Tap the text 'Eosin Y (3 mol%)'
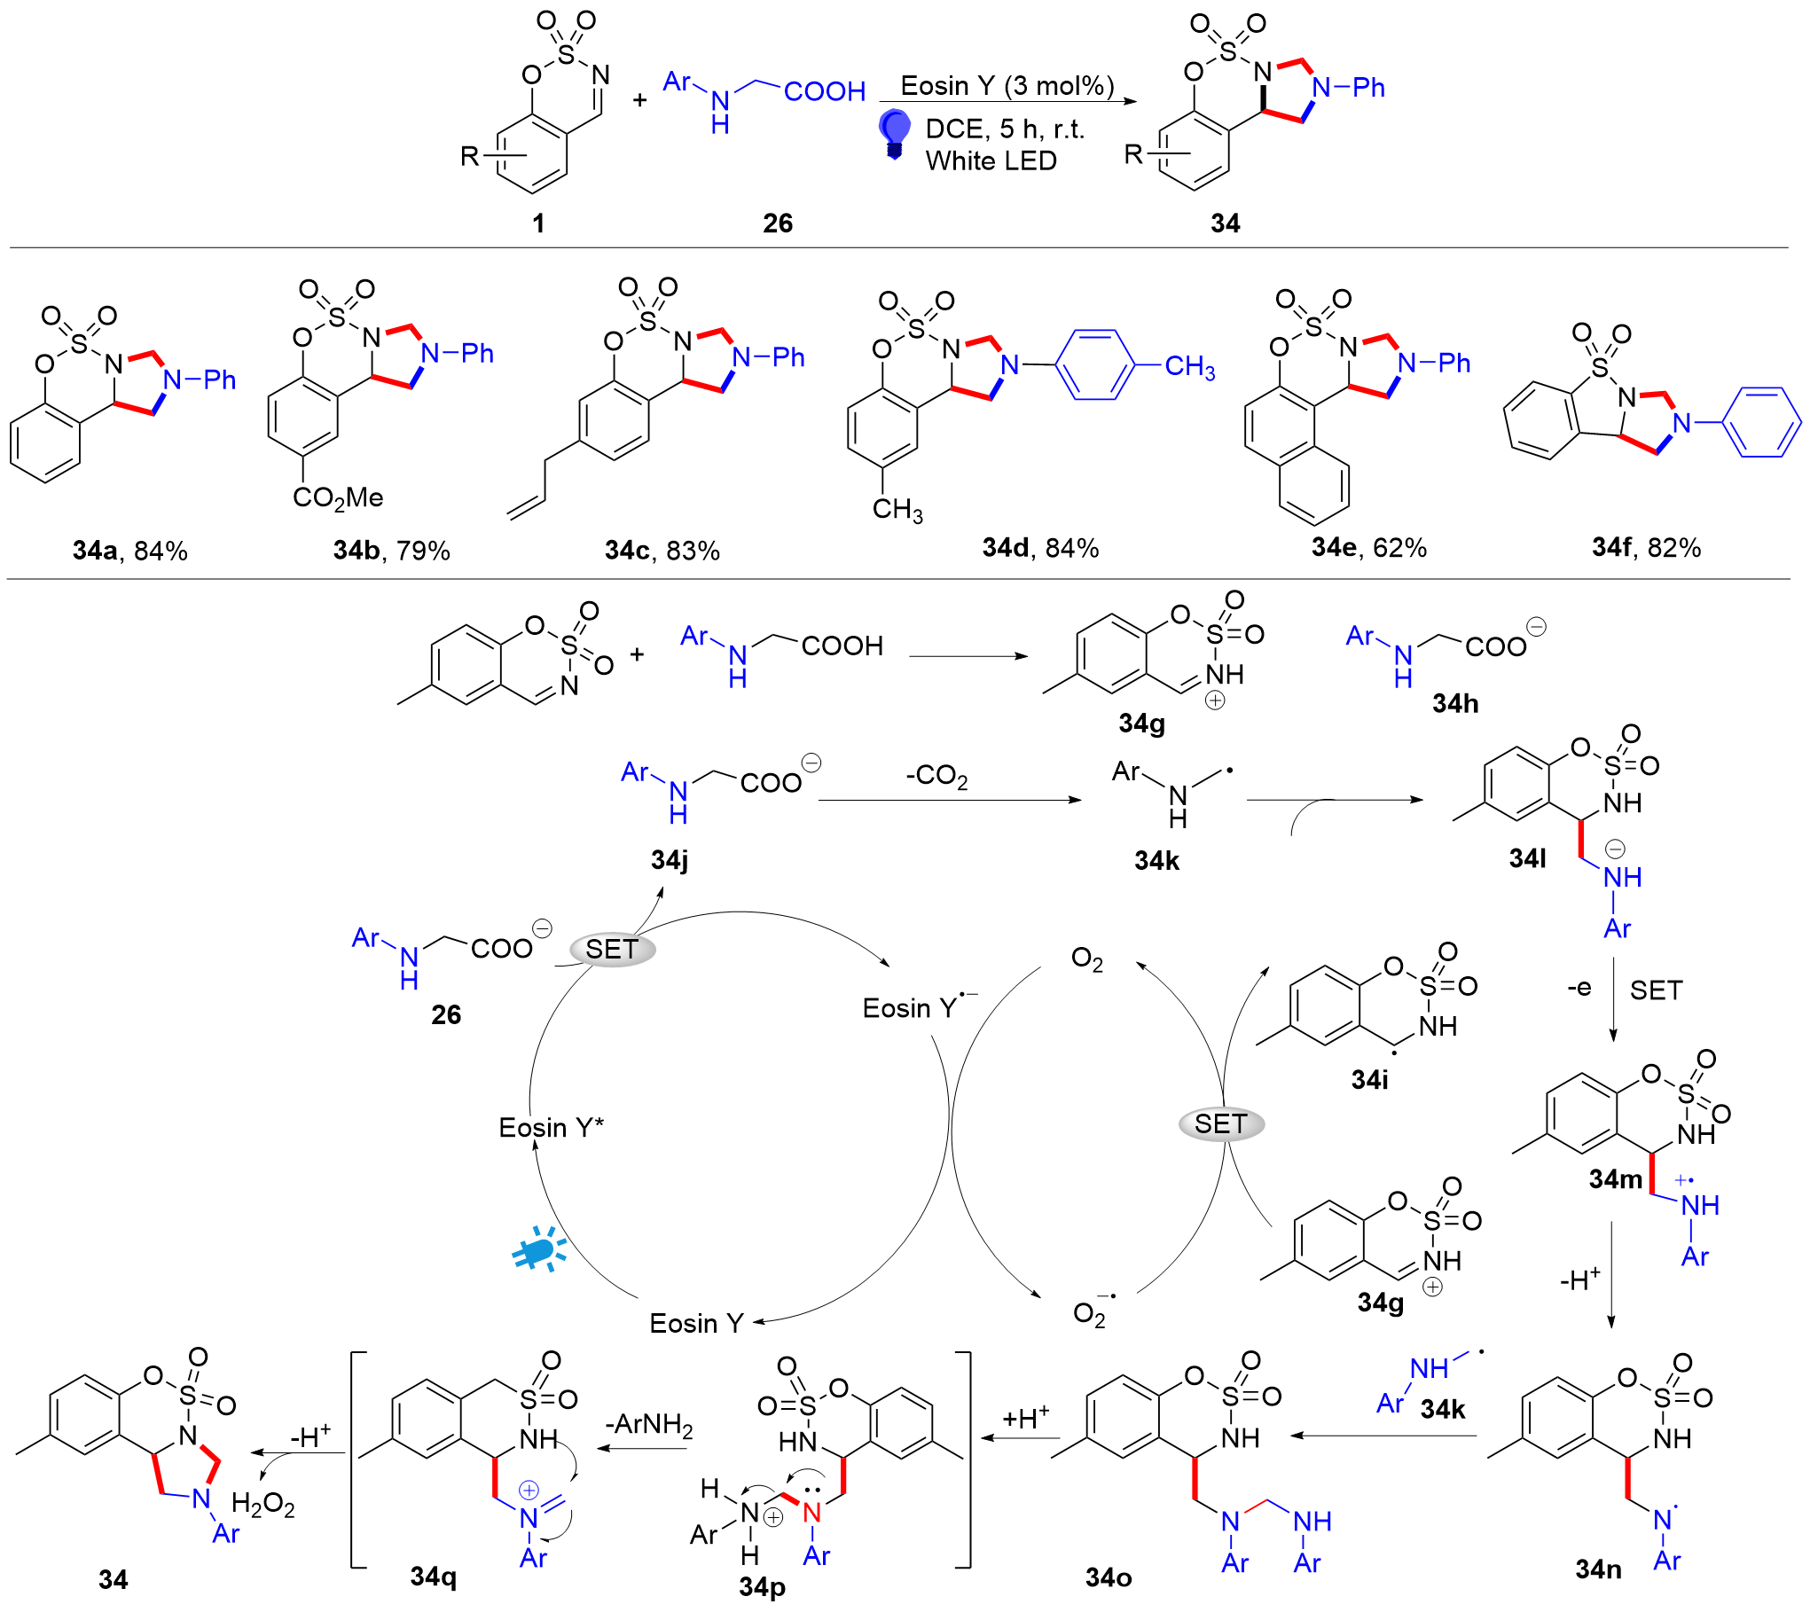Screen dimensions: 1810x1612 pos(1007,85)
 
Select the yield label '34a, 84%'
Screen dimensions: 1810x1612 pos(130,551)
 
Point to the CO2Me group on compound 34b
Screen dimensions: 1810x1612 pos(338,497)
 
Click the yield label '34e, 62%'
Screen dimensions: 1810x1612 pos(1369,548)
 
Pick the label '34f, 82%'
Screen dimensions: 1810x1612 pos(1646,548)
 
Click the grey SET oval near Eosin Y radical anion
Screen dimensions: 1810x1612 pos(611,949)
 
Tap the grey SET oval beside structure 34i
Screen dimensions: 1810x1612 pos(1221,1123)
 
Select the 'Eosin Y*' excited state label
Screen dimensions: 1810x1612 pos(551,1127)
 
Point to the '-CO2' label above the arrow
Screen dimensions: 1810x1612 pos(936,776)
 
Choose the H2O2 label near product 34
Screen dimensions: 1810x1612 pos(262,1504)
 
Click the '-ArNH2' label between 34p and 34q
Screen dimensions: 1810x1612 pos(648,1424)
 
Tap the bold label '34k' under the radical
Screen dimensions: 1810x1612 pos(1156,860)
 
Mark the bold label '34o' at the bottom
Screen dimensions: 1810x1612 pos(1109,1577)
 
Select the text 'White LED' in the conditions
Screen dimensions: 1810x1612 pos(991,160)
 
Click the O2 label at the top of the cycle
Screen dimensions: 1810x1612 pos(1086,959)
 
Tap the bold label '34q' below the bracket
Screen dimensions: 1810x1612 pos(434,1576)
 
